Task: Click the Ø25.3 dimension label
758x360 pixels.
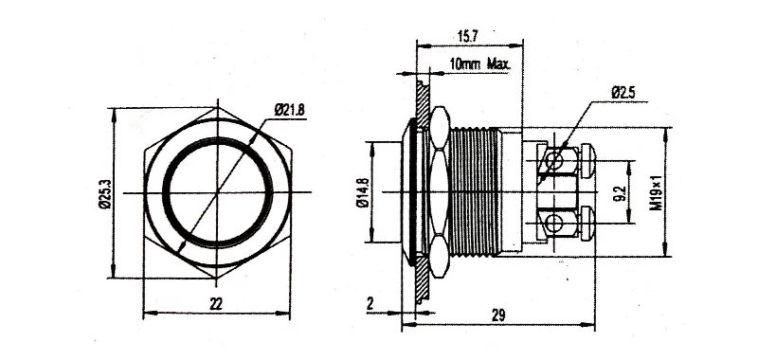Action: [106, 193]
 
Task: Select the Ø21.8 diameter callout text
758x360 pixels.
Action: [290, 110]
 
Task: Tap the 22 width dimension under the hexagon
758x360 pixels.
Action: [216, 303]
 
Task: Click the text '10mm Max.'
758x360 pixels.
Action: [479, 63]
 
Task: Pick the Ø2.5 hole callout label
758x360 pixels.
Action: [623, 93]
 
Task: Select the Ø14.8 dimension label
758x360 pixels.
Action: [364, 192]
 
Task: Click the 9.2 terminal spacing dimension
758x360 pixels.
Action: [623, 193]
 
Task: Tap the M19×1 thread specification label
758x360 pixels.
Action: [656, 193]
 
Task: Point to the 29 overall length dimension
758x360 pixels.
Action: [498, 315]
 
